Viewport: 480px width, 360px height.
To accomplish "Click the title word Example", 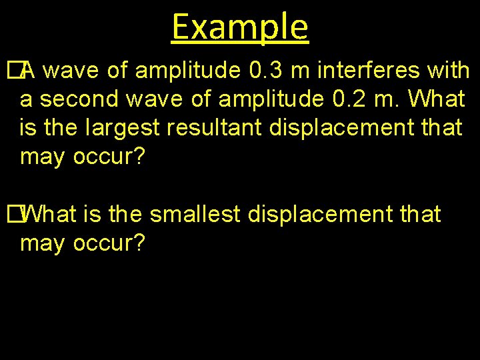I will [x=240, y=27].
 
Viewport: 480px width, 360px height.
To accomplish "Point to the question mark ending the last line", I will [x=138, y=243].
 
